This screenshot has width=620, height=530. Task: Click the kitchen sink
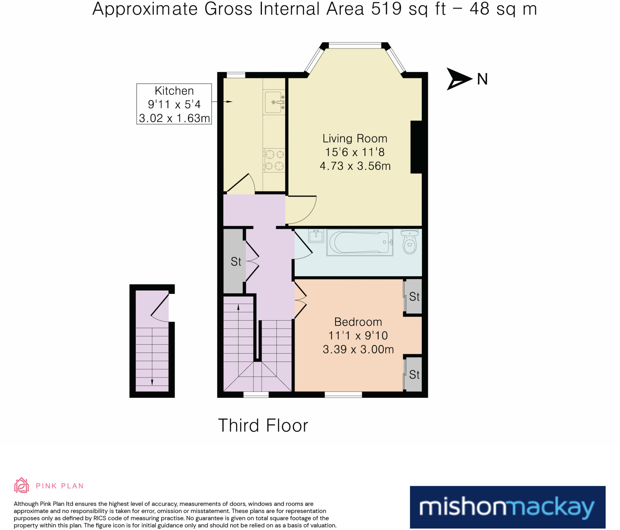pos(274,102)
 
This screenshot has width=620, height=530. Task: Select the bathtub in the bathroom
pos(360,242)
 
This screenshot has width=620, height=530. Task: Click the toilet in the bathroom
pos(410,241)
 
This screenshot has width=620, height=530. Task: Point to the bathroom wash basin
pos(316,235)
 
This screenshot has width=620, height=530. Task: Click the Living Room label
pos(355,139)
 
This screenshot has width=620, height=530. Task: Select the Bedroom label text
pos(358,322)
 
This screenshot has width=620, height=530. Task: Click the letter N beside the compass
pos(482,79)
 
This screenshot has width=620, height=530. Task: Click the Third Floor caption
pos(263,425)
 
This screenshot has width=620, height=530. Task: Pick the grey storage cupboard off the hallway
pos(233,261)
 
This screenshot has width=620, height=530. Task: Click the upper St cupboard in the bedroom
pos(413,296)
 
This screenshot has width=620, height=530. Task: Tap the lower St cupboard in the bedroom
pos(413,374)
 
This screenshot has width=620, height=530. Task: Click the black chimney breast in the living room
pos(416,147)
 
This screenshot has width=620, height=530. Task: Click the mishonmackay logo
pos(508,507)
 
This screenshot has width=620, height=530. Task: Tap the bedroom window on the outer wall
pos(343,394)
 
